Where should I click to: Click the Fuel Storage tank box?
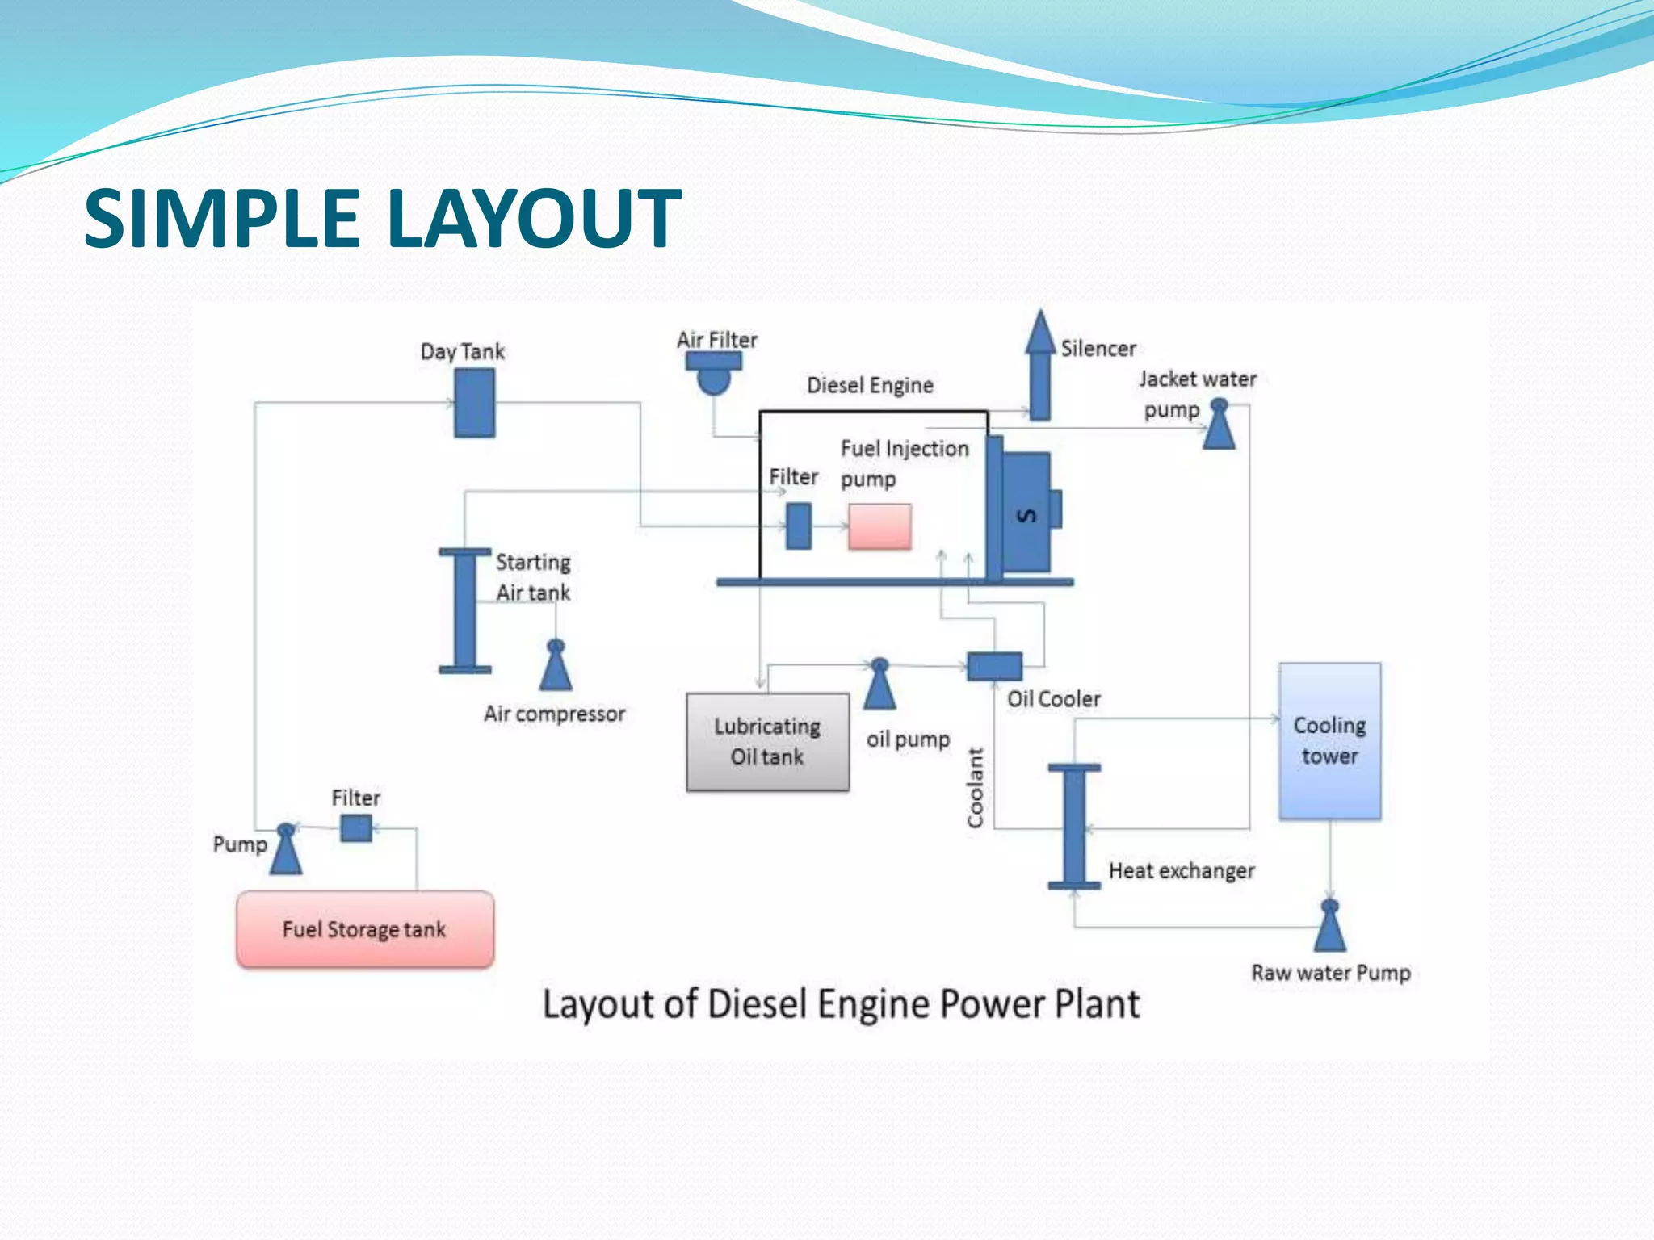[x=365, y=928]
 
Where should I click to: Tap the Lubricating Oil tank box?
[x=767, y=742]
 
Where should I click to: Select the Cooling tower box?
[x=1329, y=741]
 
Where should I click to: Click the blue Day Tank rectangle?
[x=474, y=402]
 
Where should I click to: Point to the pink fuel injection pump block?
[x=879, y=526]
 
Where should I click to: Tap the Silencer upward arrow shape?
[x=1040, y=365]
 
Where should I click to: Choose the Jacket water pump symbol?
[x=1219, y=424]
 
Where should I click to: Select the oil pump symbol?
[x=879, y=684]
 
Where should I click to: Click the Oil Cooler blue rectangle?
[x=994, y=666]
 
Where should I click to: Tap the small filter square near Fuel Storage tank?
[x=356, y=827]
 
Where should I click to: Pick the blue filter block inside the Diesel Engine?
[x=799, y=526]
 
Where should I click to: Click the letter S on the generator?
[x=1026, y=515]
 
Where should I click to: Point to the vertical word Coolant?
[x=976, y=787]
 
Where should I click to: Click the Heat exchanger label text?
[x=1182, y=870]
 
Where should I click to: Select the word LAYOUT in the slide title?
[x=535, y=218]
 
